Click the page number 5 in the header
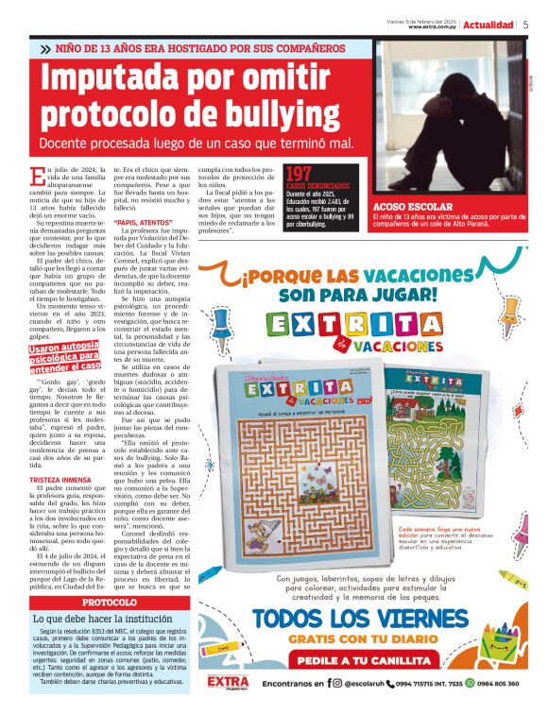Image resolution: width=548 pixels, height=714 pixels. [x=525, y=25]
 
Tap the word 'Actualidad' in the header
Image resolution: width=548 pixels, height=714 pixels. [x=489, y=25]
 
